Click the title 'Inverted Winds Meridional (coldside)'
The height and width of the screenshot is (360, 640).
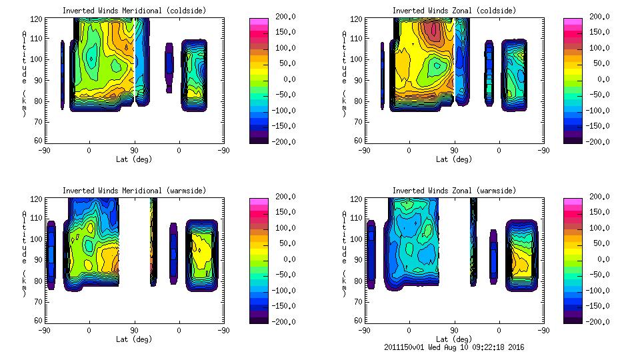pos(134,10)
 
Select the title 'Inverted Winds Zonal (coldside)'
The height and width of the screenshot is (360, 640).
pos(454,10)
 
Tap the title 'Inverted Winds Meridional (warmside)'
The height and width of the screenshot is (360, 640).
pos(134,190)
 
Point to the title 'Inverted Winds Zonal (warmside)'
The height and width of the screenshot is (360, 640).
pos(454,190)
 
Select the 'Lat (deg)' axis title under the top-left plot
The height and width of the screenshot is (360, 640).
pos(134,159)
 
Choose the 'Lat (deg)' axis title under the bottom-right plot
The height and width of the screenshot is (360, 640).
pos(454,339)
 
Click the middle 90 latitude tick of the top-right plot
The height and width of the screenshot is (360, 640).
pos(454,151)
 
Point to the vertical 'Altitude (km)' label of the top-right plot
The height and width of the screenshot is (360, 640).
pos(344,73)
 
